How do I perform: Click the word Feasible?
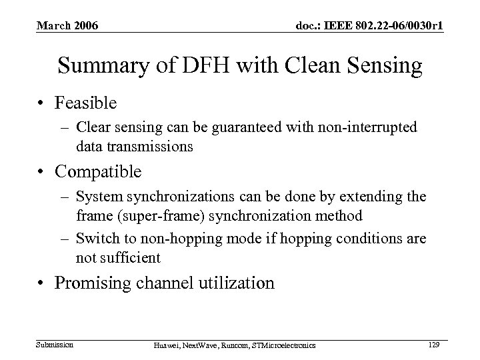tap(86, 103)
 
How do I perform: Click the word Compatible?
tap(98, 171)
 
